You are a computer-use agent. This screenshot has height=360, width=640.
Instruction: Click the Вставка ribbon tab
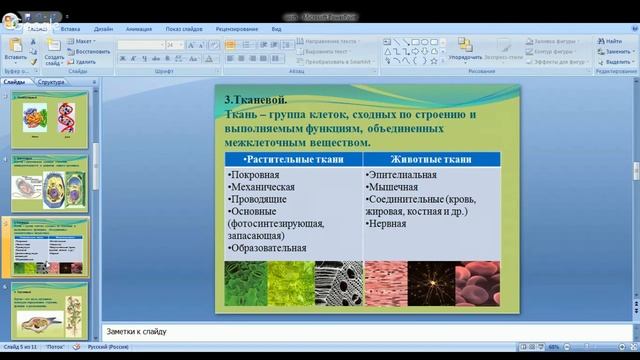tap(70, 29)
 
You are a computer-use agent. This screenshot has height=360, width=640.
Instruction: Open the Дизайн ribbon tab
tap(104, 29)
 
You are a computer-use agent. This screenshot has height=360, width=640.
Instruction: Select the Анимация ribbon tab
tap(139, 29)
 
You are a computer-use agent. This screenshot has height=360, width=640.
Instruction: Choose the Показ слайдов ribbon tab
tap(187, 29)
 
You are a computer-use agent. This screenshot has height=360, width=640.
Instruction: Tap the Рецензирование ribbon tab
tap(238, 29)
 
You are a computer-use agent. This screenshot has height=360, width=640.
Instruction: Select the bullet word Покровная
tap(254, 174)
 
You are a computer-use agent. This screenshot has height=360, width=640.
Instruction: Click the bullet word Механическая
tap(262, 186)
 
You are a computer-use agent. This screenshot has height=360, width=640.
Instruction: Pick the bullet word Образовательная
tap(267, 248)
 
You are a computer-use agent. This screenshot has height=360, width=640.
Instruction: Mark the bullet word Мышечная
tap(392, 186)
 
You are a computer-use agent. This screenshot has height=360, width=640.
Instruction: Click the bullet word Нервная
tap(388, 224)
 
